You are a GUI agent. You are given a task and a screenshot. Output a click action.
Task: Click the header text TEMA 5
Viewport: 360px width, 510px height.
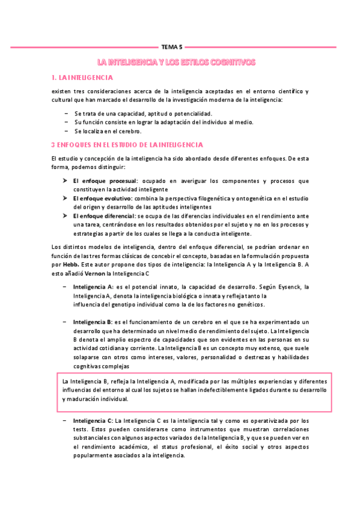tap(173, 46)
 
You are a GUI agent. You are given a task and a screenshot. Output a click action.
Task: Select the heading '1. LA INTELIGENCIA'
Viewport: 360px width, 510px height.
tap(82, 78)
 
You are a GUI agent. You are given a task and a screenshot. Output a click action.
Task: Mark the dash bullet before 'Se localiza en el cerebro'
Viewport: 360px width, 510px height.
tap(65, 131)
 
